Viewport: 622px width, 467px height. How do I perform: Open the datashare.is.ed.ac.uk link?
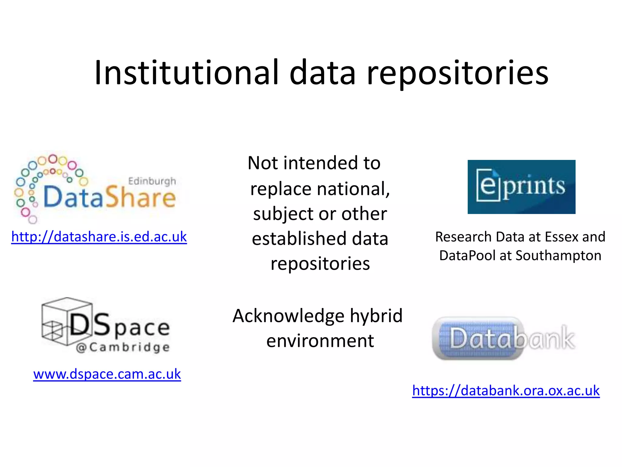(x=99, y=237)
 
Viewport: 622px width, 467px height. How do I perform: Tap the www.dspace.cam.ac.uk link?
(x=107, y=374)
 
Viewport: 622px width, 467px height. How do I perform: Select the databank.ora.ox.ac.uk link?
(x=506, y=391)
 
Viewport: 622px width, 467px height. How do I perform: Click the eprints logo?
(x=521, y=187)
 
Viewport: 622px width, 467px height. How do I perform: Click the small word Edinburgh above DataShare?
(x=152, y=181)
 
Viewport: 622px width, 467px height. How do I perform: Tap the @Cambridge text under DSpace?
(x=123, y=348)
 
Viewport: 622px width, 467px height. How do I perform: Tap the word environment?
(x=320, y=341)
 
